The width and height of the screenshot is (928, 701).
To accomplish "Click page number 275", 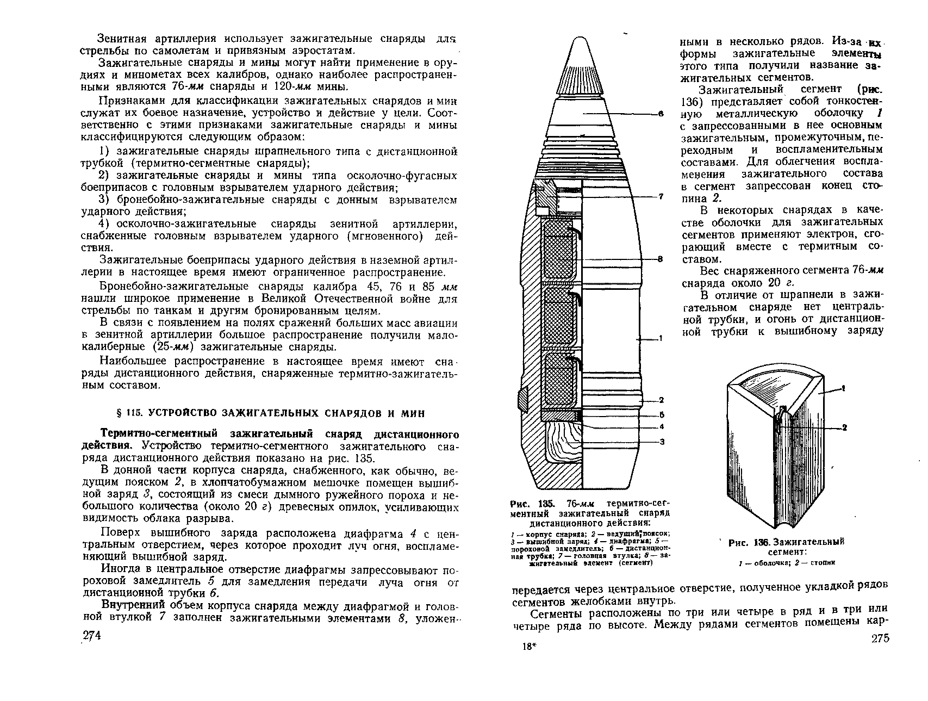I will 879,638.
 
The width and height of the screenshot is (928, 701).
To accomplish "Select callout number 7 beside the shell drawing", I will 661,197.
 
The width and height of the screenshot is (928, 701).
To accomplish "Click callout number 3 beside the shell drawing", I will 662,442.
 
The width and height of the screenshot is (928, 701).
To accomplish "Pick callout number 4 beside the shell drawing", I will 662,427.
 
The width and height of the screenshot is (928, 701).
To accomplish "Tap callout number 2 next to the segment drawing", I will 844,428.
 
